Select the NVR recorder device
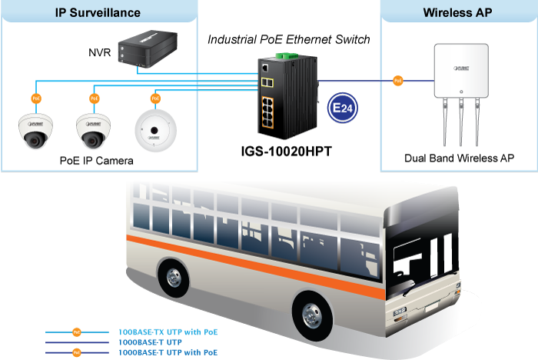pyautogui.click(x=151, y=49)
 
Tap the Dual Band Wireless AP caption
pyautogui.click(x=459, y=158)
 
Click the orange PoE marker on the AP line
pyautogui.click(x=397, y=79)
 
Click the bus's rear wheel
pyautogui.click(x=173, y=278)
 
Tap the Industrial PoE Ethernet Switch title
pyautogui.click(x=289, y=39)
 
